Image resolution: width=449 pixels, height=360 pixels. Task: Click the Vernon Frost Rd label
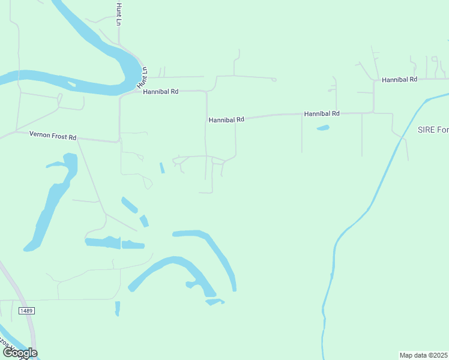(x=53, y=136)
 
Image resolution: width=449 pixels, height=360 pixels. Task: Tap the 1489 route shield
(x=26, y=310)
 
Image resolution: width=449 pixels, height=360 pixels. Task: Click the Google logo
(x=19, y=353)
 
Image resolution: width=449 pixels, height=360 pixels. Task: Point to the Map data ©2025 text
(x=423, y=355)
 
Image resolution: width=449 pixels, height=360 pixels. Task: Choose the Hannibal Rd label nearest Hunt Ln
(x=161, y=92)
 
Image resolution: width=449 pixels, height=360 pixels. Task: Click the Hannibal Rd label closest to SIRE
(x=399, y=79)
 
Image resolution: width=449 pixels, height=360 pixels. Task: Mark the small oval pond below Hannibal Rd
(x=323, y=128)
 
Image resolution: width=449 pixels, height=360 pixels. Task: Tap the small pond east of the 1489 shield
(x=118, y=308)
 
